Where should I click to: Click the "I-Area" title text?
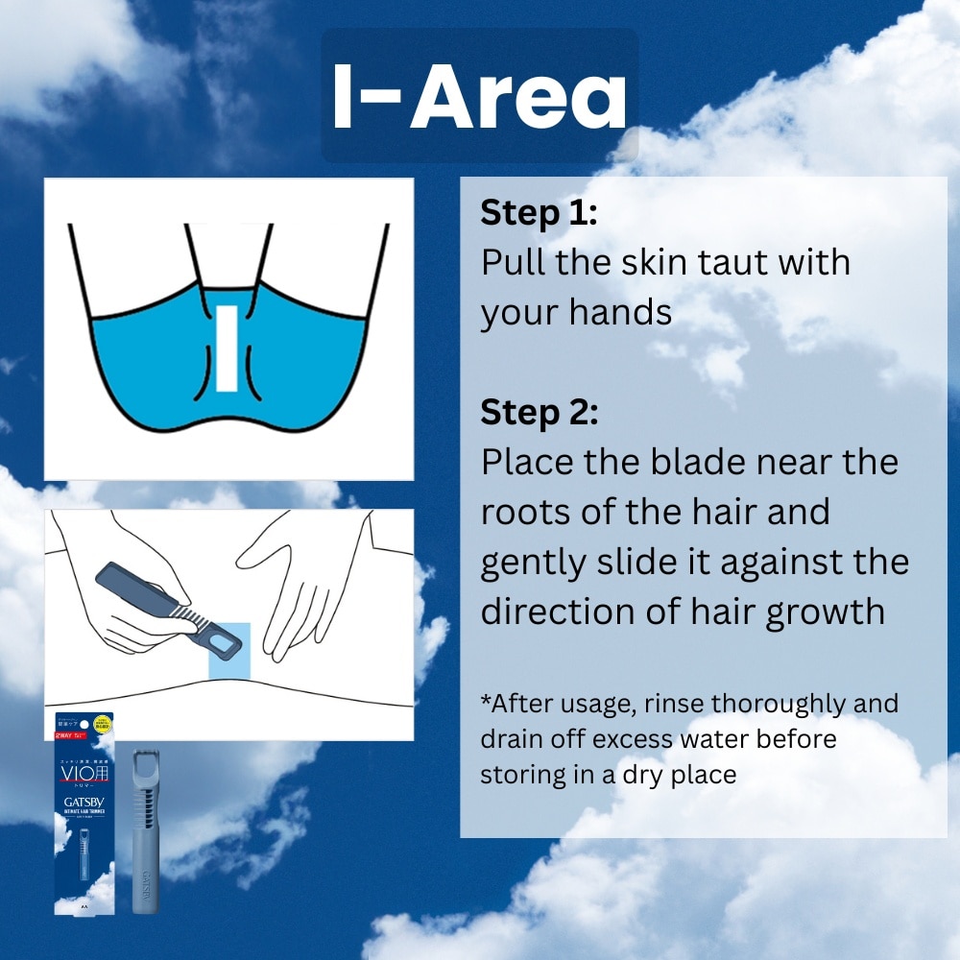pos(479,96)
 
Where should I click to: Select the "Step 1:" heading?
pos(539,213)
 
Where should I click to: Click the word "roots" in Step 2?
pos(527,512)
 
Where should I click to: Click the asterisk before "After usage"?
pos(486,701)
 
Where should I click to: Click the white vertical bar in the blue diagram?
pos(227,348)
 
